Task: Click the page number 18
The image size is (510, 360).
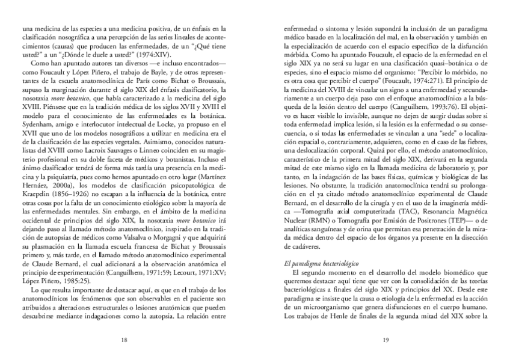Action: [124, 340]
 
